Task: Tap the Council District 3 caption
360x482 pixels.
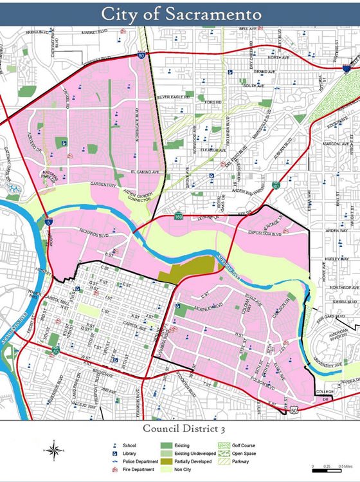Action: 180,427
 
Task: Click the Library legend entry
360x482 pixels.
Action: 129,453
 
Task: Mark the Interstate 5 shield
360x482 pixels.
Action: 50,222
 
